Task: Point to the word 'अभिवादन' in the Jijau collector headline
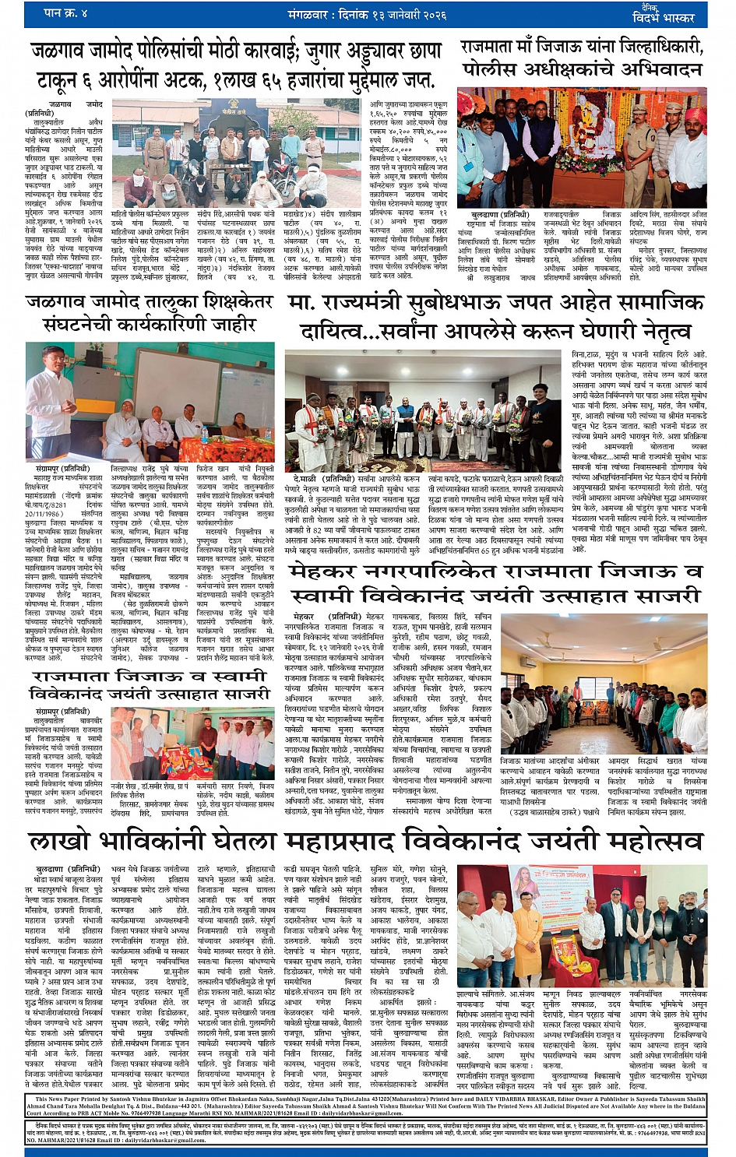pyautogui.click(x=659, y=69)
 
